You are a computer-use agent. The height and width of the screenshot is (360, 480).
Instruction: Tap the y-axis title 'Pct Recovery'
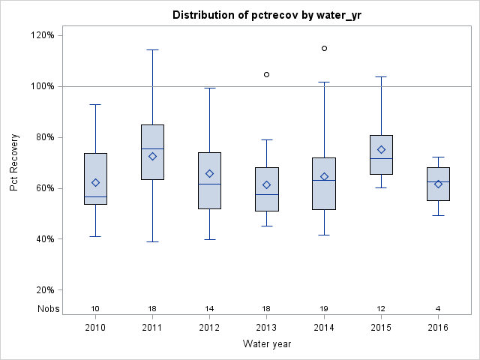[x=14, y=163]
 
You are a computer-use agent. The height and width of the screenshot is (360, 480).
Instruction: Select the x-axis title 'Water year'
[x=267, y=343]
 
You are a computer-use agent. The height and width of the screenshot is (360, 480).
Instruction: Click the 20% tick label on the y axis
[x=42, y=290]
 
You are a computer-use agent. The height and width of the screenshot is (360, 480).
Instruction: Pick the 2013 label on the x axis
[x=267, y=327]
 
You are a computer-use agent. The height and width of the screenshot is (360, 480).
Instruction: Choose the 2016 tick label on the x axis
[x=438, y=327]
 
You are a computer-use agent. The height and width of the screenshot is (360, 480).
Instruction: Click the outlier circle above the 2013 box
[x=267, y=74]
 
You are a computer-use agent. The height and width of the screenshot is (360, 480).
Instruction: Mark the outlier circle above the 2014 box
[x=324, y=48]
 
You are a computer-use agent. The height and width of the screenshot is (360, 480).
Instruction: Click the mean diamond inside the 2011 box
[x=152, y=156]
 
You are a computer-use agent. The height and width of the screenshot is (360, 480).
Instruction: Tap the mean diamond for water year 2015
[x=381, y=149]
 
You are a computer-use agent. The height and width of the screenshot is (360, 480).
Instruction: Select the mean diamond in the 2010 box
[x=95, y=182]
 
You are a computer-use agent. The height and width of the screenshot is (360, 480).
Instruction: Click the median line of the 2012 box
[x=209, y=184]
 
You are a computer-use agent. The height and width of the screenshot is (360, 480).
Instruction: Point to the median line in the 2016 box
[x=438, y=182]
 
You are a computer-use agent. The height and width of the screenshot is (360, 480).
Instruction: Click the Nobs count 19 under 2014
[x=324, y=308]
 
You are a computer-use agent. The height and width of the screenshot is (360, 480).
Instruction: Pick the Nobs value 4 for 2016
[x=438, y=308]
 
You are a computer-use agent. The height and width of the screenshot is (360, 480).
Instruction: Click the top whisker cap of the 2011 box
[x=152, y=49]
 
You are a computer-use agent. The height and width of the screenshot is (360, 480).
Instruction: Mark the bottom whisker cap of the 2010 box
[x=95, y=236]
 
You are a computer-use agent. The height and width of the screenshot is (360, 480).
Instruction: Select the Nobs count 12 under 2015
[x=381, y=308]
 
